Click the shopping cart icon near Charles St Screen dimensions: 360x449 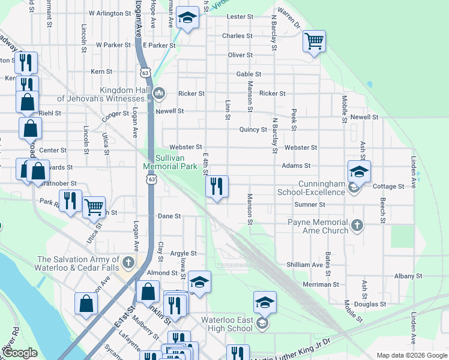[x=314, y=41]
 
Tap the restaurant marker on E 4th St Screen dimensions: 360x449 [x=217, y=186]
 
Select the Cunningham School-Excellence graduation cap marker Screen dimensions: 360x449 [x=359, y=172]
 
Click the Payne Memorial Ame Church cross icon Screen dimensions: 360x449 [x=357, y=226]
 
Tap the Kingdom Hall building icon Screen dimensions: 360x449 [x=159, y=92]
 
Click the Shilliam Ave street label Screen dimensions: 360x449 [x=305, y=265]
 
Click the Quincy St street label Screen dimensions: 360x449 [x=253, y=130]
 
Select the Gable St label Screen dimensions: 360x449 [x=249, y=74]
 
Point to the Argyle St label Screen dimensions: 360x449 [x=184, y=254]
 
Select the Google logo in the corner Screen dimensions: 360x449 [x=20, y=353]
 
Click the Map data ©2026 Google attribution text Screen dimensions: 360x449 [x=411, y=355]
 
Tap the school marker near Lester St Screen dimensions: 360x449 [x=187, y=20]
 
